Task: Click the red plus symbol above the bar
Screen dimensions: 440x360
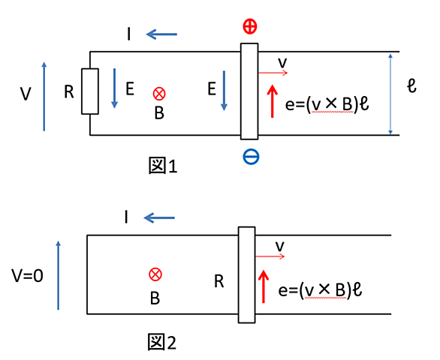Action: [250, 27]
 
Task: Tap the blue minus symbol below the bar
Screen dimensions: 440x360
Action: [251, 157]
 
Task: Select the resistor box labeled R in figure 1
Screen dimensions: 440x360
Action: [90, 91]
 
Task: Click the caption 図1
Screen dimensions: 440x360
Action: [163, 166]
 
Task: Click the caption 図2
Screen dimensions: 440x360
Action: [162, 342]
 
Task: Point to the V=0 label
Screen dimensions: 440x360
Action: [27, 275]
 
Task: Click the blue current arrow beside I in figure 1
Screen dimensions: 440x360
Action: [161, 34]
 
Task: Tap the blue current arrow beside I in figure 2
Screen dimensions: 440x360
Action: [159, 217]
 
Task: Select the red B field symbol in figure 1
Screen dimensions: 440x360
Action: [159, 94]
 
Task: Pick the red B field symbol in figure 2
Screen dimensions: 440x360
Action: [155, 274]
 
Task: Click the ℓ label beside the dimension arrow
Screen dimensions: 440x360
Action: [411, 85]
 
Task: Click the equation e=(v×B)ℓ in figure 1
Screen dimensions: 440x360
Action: [327, 104]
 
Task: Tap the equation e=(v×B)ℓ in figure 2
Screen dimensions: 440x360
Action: [320, 289]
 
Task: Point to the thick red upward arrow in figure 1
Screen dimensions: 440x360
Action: [273, 101]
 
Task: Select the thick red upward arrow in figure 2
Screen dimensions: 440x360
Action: [264, 286]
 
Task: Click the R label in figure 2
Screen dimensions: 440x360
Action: [219, 281]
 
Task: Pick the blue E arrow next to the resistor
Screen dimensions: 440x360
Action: [114, 88]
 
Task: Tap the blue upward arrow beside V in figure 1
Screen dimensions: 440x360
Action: [44, 97]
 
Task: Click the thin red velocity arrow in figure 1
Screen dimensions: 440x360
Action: [273, 73]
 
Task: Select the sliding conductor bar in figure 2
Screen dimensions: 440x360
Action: [247, 274]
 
